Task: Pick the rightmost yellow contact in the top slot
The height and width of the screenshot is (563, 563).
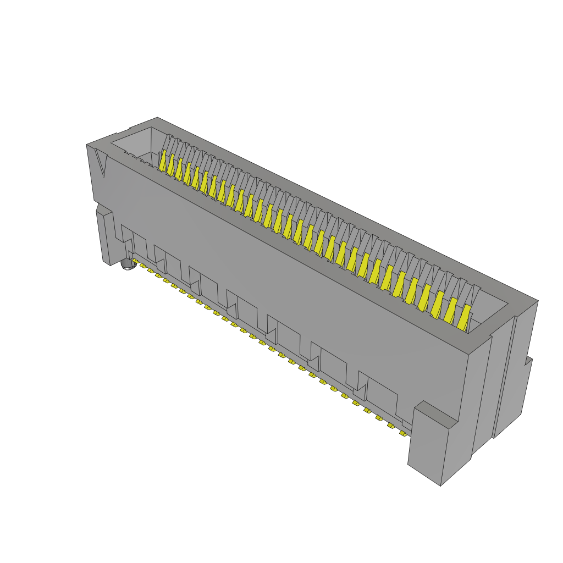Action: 465,318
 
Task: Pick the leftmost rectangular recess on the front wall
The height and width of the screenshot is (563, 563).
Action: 140,245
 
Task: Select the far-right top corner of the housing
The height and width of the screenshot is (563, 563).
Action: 537,301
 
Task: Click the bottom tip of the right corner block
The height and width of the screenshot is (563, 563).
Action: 440,484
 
